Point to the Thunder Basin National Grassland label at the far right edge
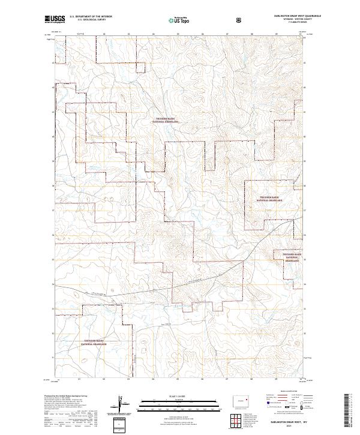click(292, 257)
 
